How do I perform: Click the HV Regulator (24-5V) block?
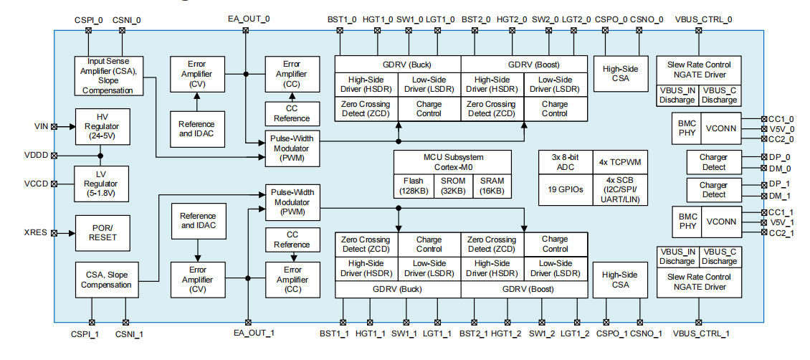click(x=101, y=125)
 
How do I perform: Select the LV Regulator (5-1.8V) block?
click(x=101, y=183)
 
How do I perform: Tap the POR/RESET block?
click(x=101, y=233)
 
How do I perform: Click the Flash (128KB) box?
click(x=414, y=186)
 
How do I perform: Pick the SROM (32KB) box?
click(x=453, y=186)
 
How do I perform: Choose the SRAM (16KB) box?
click(x=492, y=186)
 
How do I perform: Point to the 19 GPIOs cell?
click(x=566, y=189)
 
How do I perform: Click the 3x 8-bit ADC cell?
click(x=566, y=161)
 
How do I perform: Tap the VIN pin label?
click(x=41, y=126)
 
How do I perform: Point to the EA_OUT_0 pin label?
click(x=246, y=19)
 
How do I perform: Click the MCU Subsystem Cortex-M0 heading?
click(x=452, y=161)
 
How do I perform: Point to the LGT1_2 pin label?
click(x=575, y=333)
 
